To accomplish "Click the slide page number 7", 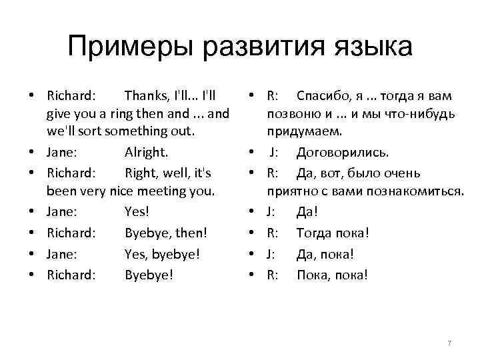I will point(449,343).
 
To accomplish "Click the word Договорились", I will point(342,153).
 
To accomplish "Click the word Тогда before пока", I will point(317,233).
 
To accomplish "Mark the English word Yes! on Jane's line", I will point(137,213).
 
